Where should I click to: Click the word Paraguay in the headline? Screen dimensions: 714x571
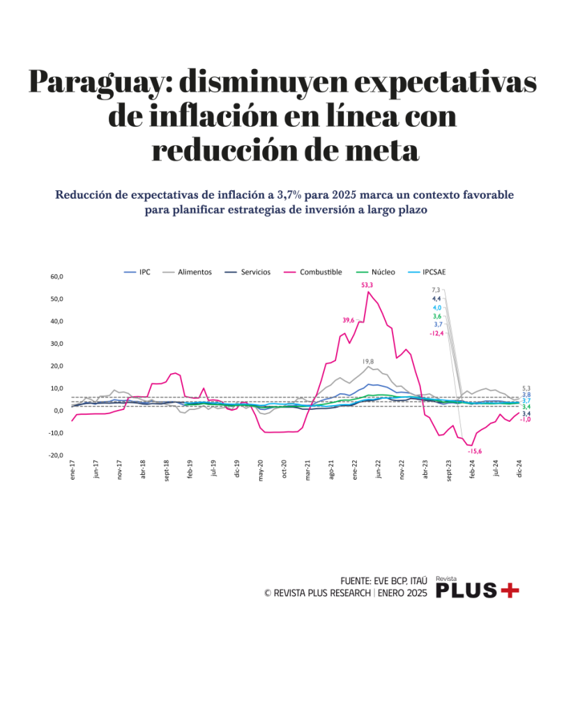(98, 83)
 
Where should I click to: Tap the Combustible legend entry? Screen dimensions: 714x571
(320, 272)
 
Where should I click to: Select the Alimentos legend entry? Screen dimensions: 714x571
(194, 272)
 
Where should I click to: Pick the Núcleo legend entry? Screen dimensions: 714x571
(383, 272)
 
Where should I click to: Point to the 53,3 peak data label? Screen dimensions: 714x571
(367, 284)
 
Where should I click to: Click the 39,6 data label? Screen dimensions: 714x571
(349, 320)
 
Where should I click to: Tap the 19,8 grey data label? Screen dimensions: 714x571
(368, 362)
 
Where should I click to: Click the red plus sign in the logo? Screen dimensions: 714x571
(510, 591)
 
